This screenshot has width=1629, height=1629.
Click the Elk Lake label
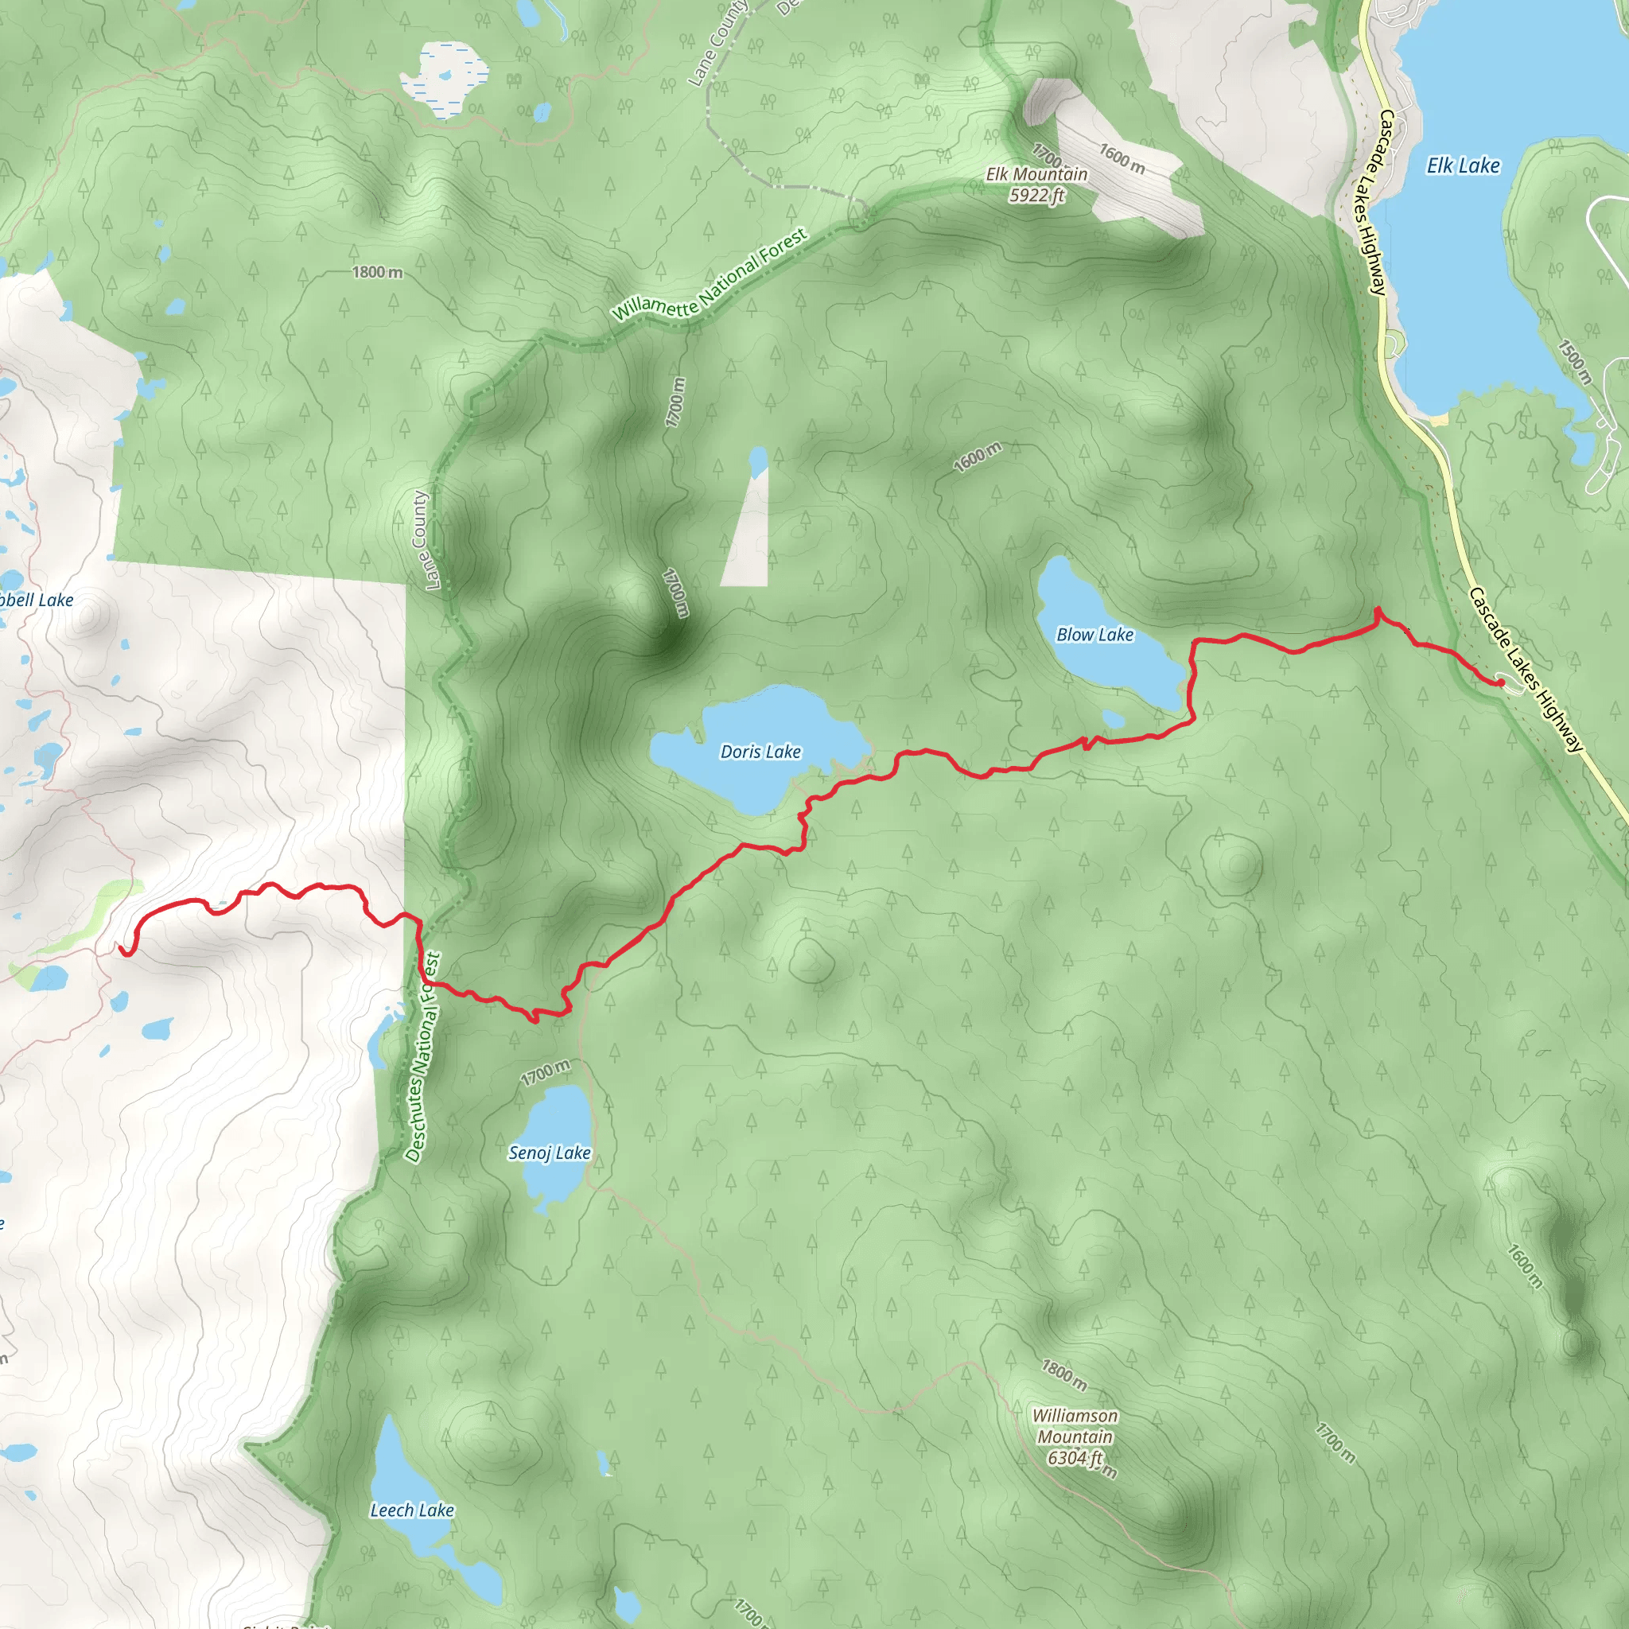click(x=1463, y=166)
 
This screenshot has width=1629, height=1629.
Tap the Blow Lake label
click(x=1094, y=635)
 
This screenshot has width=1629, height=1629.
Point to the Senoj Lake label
click(x=549, y=1153)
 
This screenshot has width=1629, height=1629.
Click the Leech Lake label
click(x=411, y=1510)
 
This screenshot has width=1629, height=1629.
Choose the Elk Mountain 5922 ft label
click(x=1036, y=185)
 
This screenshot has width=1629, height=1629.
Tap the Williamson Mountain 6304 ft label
click(x=1075, y=1437)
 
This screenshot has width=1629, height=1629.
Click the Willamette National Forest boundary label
click(x=710, y=276)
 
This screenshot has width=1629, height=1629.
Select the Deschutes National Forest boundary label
click(x=423, y=1057)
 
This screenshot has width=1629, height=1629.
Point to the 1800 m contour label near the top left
click(x=377, y=272)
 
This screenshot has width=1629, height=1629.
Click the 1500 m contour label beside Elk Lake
click(x=1574, y=363)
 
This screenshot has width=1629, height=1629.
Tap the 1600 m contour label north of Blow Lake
click(x=978, y=457)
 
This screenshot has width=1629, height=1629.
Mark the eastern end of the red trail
click(x=1500, y=682)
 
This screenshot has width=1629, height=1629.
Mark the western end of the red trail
click(x=122, y=951)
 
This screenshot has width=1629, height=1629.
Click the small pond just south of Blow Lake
click(x=1113, y=719)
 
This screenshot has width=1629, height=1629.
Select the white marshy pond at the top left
click(x=445, y=80)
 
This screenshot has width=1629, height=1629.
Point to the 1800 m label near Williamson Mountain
click(x=1063, y=1375)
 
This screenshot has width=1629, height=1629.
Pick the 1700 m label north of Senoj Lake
click(x=545, y=1072)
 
